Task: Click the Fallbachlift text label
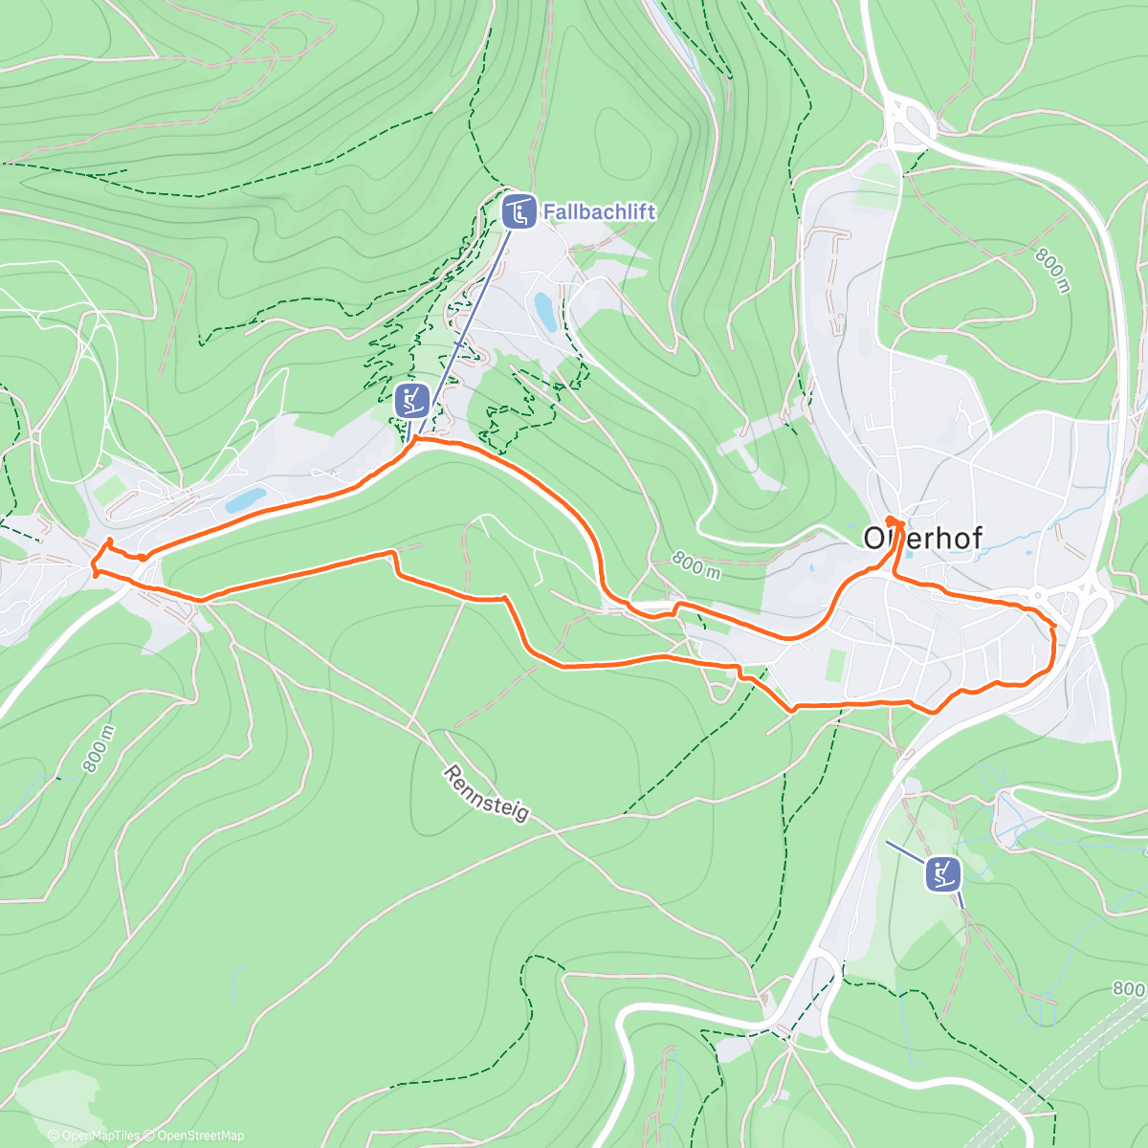tap(600, 211)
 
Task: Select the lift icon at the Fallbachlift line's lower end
tap(412, 400)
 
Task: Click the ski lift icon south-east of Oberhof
tap(942, 873)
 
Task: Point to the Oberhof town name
tap(922, 538)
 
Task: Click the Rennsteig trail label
tap(486, 793)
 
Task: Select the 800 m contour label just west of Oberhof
tap(695, 565)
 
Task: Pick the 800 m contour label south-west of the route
tap(99, 749)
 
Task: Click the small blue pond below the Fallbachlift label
tap(544, 312)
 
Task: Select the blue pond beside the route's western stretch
tap(245, 499)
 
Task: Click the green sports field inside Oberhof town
tap(833, 667)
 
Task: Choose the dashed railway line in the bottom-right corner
tap(1071, 1062)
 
